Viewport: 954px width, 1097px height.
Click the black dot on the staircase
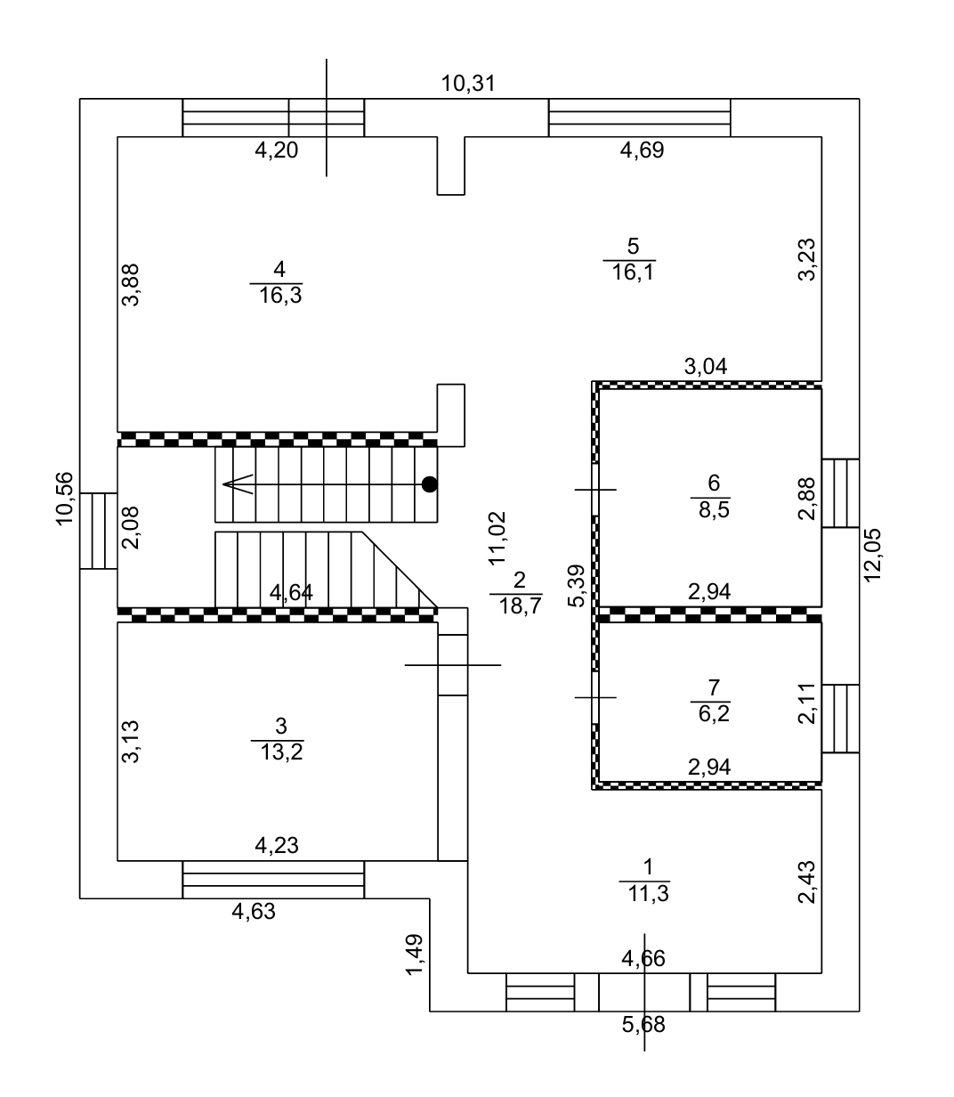(x=429, y=484)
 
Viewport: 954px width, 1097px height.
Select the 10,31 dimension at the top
(x=468, y=84)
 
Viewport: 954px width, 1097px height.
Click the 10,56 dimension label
(x=64, y=499)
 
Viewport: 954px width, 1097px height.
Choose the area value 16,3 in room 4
(x=280, y=295)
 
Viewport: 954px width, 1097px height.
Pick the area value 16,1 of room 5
(x=633, y=272)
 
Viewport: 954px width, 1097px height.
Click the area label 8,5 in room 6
(x=714, y=510)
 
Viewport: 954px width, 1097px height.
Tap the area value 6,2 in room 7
(x=714, y=713)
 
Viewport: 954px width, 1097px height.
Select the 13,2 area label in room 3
(x=281, y=752)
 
